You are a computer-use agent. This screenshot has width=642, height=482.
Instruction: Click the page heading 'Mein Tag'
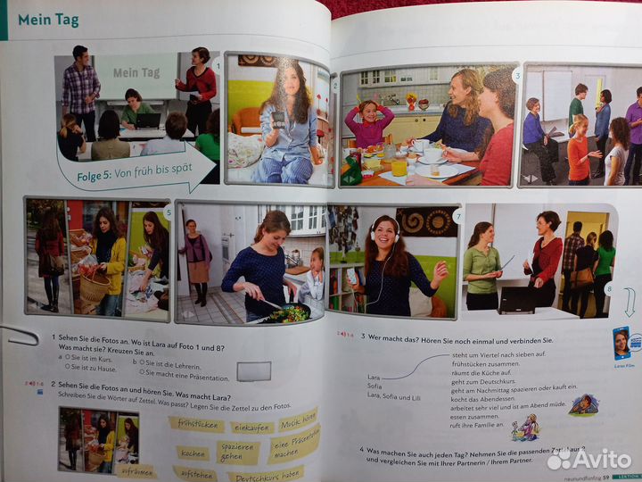pos(48,20)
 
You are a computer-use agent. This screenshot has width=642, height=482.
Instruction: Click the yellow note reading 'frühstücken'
pos(196,424)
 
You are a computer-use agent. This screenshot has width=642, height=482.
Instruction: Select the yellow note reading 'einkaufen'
pos(252,428)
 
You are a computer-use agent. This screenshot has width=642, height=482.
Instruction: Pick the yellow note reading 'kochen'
pos(193,453)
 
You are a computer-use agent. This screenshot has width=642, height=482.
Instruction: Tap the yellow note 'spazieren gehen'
pos(239,452)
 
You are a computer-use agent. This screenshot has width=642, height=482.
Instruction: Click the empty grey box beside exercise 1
pos(254,370)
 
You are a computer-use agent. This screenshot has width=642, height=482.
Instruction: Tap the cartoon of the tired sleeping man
pos(584,404)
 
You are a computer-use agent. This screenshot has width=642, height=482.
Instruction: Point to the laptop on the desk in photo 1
pos(148,120)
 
